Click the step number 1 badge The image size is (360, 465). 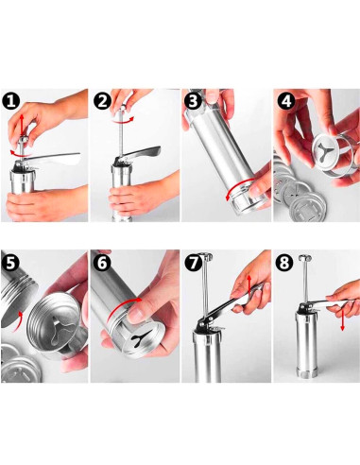pos(11,101)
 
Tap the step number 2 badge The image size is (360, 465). pos(103,101)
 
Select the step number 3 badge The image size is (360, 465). pos(193,100)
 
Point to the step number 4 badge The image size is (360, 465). pos(286,100)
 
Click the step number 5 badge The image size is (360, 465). pos(10,262)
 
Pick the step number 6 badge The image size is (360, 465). pos(103,262)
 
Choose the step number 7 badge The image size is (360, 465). pos(194,262)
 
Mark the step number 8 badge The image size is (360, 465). pos(284,262)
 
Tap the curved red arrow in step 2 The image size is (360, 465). pos(123,121)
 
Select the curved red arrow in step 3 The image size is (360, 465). pos(238,186)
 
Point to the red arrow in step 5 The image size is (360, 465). pos(17,322)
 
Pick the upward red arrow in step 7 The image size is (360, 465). pos(249,285)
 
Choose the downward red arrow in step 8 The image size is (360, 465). pos(342,319)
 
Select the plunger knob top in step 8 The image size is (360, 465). pos(305,258)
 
